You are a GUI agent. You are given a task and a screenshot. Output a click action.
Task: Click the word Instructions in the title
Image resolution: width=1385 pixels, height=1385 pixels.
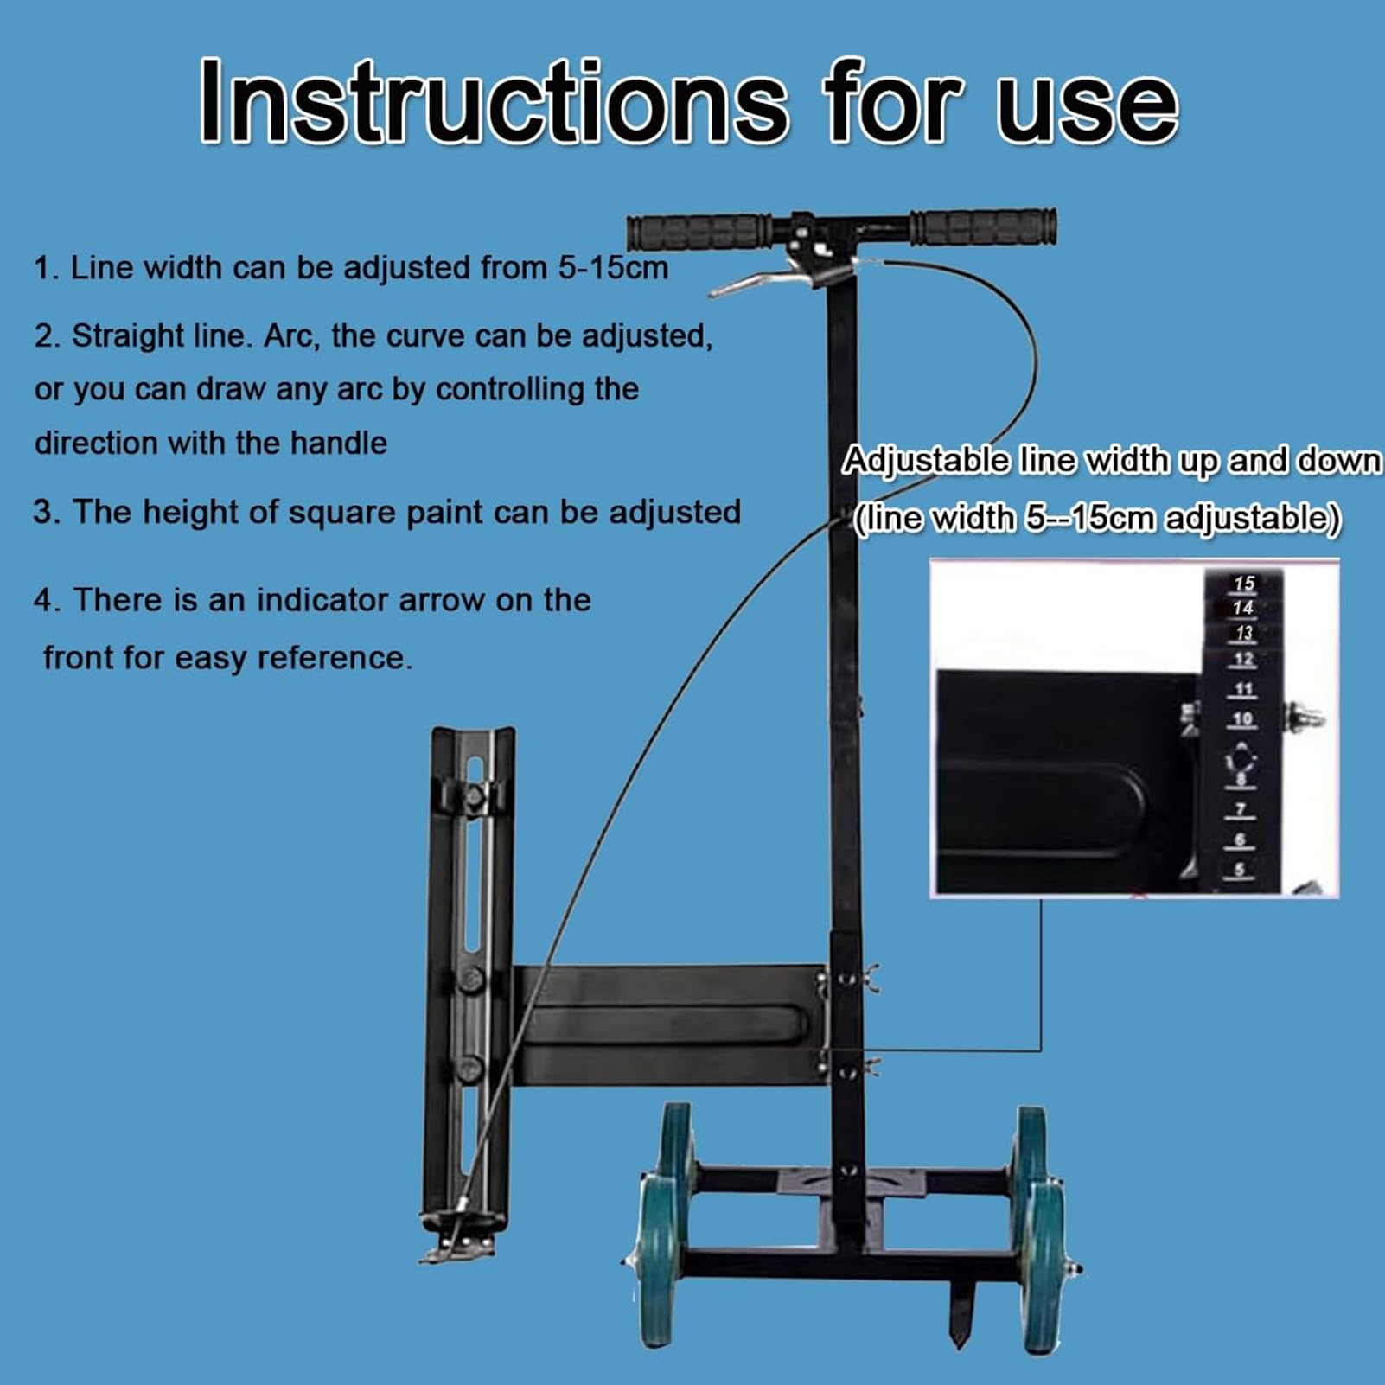[x=494, y=101]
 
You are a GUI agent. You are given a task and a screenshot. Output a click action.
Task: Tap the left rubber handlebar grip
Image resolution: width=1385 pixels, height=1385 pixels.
[x=699, y=232]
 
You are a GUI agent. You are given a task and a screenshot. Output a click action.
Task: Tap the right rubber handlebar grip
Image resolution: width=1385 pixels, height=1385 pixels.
[x=984, y=227]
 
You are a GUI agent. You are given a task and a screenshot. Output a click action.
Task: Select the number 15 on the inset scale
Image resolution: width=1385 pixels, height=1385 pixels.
[x=1243, y=584]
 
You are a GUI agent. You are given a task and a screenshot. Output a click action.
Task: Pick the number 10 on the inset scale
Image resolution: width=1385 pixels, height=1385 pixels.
[x=1242, y=718]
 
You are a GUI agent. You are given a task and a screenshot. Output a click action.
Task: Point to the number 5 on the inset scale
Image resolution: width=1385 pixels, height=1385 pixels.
[x=1240, y=870]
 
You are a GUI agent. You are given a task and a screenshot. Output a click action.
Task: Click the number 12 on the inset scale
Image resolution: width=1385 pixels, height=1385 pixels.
[x=1243, y=660]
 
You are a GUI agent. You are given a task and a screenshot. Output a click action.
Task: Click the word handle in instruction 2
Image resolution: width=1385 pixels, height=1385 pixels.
[x=339, y=444]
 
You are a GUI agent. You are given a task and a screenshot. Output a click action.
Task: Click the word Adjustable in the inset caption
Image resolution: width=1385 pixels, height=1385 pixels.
[x=926, y=460]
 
